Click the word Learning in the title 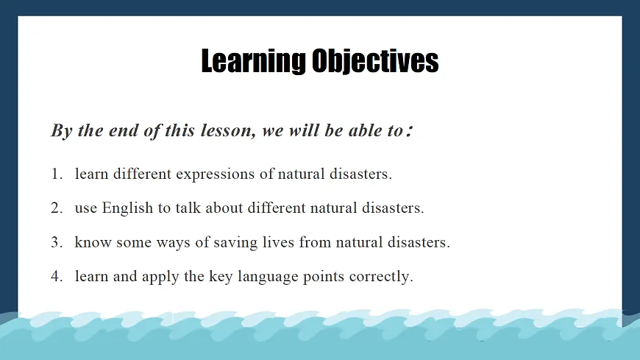(253, 61)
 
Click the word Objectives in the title (375, 61)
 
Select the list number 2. (57, 208)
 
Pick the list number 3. (57, 242)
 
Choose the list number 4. (57, 277)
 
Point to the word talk (188, 208)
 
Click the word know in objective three (93, 242)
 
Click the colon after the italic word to (410, 132)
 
